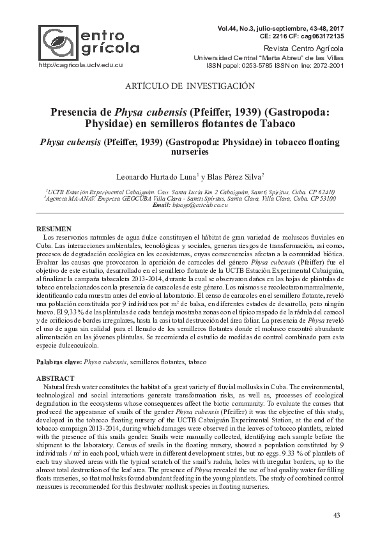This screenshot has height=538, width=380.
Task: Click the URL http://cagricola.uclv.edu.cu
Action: click(80, 65)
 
